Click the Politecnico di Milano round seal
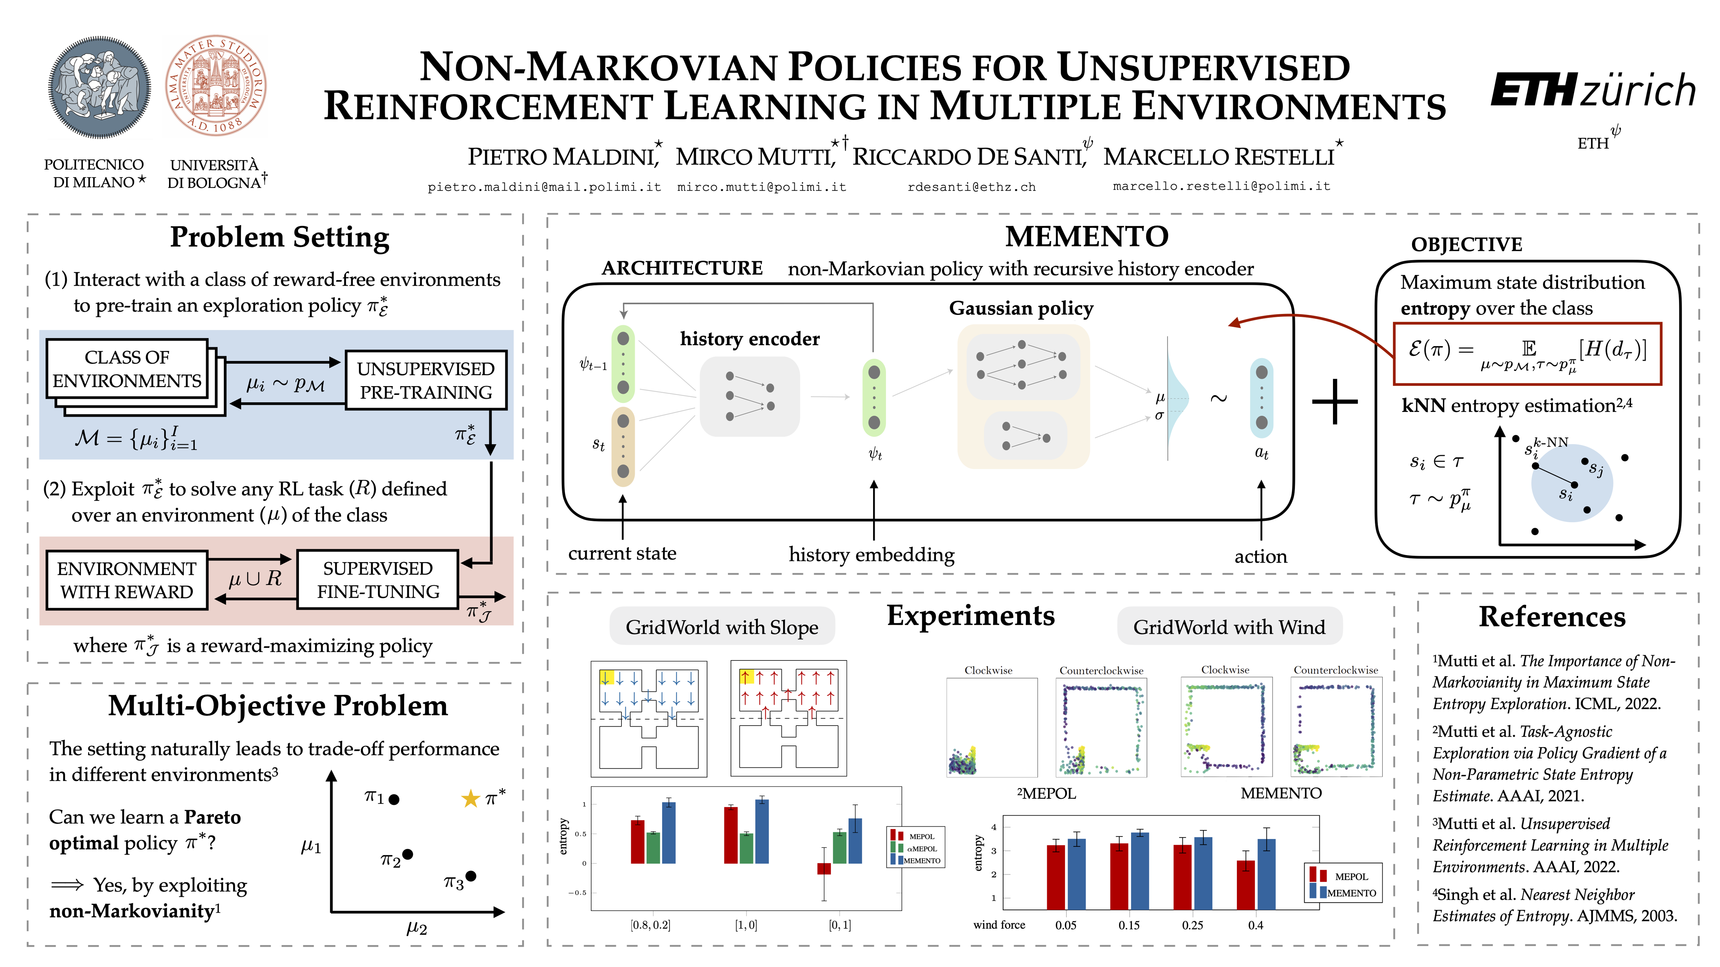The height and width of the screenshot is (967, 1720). (x=100, y=87)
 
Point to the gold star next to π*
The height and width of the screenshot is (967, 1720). (x=471, y=798)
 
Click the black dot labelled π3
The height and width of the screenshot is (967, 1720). (x=471, y=876)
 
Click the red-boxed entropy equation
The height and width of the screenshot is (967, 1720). (x=1527, y=354)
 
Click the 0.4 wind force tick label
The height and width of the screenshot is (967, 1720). (x=1255, y=925)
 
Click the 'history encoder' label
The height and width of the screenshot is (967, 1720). (x=749, y=339)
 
